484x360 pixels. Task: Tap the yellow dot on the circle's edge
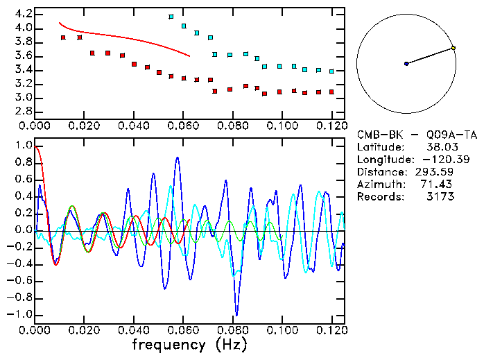(453, 48)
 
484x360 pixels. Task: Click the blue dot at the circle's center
(406, 64)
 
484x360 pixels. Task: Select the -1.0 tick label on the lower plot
(19, 314)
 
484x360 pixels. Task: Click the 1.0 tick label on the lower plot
(22, 146)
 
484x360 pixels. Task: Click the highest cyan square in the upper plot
(171, 17)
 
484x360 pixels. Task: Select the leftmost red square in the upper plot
(63, 37)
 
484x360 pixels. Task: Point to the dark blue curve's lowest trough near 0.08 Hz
(236, 314)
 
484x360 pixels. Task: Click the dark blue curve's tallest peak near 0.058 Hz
(178, 157)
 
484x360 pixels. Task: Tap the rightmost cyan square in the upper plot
(332, 71)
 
